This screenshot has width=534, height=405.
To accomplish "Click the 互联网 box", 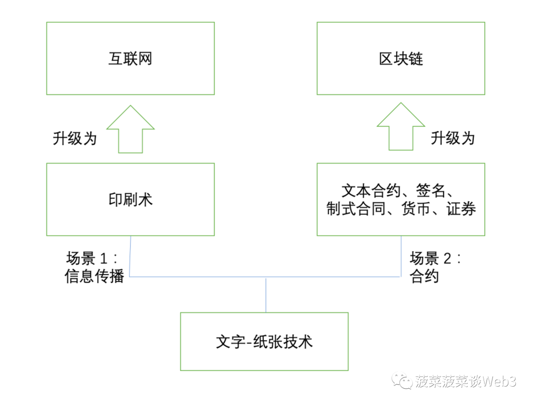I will point(130,58).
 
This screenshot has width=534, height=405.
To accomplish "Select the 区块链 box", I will point(400,58).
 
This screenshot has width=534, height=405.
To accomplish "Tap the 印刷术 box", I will point(130,199).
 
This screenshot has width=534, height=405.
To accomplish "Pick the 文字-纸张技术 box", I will point(264,341).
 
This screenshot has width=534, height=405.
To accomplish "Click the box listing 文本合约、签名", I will point(400,199).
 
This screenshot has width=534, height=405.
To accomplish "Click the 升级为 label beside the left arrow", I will point(75,138).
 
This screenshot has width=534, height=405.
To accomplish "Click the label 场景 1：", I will point(92,259).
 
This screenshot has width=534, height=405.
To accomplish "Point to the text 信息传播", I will point(94,276).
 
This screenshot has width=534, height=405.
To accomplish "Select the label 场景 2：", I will point(436,259).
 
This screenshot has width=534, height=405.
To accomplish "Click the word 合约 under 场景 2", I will point(424,276).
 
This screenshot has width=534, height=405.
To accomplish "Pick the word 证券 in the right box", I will point(461,209).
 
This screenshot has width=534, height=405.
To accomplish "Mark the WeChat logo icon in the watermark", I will point(402,381).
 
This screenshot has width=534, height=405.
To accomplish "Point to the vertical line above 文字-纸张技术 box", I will point(266,295).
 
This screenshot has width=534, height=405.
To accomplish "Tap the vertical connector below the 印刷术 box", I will point(130,256).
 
